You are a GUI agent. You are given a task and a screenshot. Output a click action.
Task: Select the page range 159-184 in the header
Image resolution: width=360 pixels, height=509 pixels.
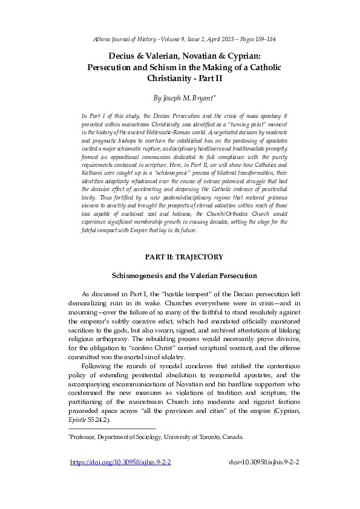coord(264,39)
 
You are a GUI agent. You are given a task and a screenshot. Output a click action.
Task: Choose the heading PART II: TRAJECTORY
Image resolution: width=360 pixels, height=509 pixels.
coord(184,257)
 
